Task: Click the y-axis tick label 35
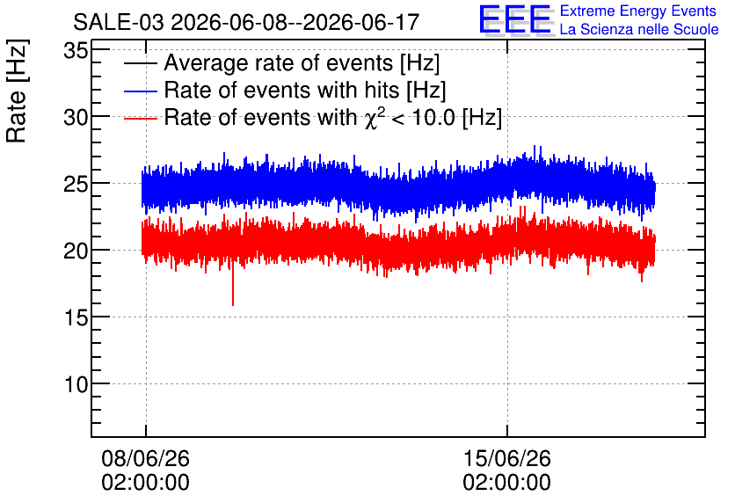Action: click(x=76, y=50)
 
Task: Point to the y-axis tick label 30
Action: click(x=76, y=117)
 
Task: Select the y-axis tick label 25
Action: click(x=76, y=185)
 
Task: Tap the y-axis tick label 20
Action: click(x=76, y=251)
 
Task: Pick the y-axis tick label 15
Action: click(x=76, y=317)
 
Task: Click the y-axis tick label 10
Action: click(x=76, y=385)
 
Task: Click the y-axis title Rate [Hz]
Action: click(x=17, y=91)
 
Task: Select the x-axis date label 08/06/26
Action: click(x=145, y=458)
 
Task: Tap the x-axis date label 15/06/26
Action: click(x=506, y=458)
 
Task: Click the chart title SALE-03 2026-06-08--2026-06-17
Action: click(x=246, y=22)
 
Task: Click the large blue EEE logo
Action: click(x=515, y=19)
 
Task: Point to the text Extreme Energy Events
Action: click(x=638, y=11)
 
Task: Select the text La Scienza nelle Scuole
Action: click(x=639, y=29)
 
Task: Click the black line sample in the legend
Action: click(x=140, y=63)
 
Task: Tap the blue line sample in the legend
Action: click(x=140, y=91)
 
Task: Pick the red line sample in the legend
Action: click(x=140, y=118)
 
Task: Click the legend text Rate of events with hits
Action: click(x=281, y=90)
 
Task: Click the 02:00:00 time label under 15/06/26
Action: click(x=506, y=483)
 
